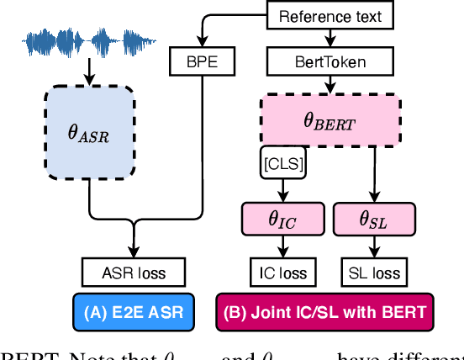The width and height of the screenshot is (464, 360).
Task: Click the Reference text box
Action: point(330,16)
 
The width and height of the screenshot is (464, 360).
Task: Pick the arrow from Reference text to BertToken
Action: point(330,37)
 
